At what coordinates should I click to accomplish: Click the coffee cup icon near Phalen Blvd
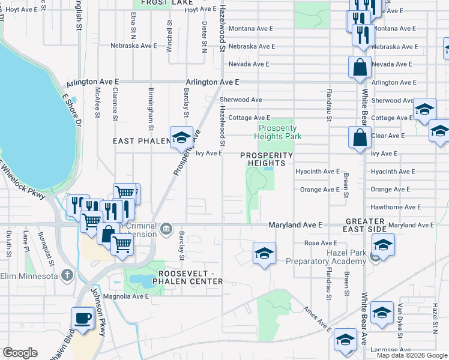pos(82,318)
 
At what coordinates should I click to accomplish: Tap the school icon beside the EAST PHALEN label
pos(180,138)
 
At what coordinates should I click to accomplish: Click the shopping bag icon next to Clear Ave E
pos(359,137)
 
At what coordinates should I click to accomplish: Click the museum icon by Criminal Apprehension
pos(167,228)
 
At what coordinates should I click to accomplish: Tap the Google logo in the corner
pos(20,352)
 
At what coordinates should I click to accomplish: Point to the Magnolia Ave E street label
pos(128,296)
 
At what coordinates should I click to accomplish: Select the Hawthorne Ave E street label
pos(396,207)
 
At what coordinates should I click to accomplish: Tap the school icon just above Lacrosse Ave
pos(345,340)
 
